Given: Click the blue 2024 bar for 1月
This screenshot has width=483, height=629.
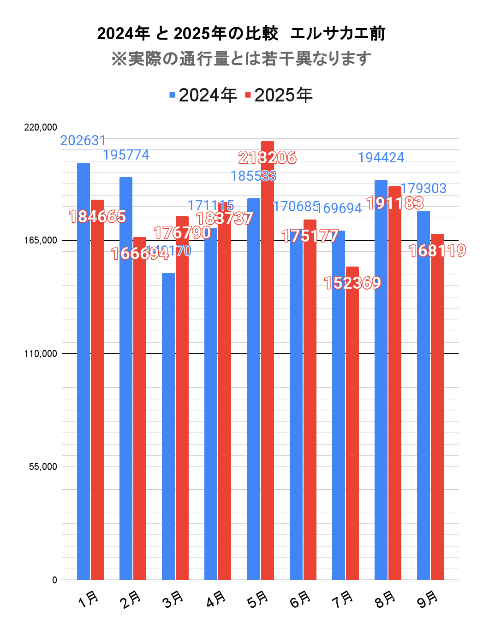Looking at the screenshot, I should (x=83, y=371).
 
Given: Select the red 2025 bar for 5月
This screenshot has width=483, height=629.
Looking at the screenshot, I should (x=268, y=360).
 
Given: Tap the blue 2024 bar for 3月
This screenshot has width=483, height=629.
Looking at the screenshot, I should (x=168, y=426).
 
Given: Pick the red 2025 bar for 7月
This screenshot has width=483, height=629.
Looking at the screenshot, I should (x=352, y=423).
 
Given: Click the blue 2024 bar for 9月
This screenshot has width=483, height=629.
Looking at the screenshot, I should (x=423, y=395).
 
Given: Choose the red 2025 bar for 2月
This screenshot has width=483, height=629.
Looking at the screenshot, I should (x=140, y=408).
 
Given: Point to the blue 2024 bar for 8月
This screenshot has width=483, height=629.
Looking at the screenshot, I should (x=381, y=380).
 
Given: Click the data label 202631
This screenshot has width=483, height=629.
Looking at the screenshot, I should (x=83, y=141).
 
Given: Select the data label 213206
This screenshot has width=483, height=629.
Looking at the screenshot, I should (x=268, y=158).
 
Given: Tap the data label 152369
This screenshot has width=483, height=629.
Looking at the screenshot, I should (x=352, y=283).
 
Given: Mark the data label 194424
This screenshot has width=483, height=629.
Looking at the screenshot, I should (x=381, y=158).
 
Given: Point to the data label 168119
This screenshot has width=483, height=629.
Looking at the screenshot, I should (x=437, y=251).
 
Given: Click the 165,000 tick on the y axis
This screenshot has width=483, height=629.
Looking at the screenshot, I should (x=41, y=240).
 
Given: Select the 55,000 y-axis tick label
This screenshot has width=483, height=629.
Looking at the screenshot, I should (x=43, y=467).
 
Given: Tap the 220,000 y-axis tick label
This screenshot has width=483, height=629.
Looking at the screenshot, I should (x=41, y=127).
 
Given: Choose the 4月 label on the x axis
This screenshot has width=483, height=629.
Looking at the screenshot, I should (x=216, y=599).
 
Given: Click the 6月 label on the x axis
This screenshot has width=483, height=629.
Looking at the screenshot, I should (x=301, y=599).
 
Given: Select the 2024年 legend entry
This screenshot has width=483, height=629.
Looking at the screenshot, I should (x=203, y=95).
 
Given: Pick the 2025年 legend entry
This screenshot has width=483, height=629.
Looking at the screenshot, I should (x=279, y=95).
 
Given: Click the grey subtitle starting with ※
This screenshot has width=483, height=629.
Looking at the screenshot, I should (x=241, y=59).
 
